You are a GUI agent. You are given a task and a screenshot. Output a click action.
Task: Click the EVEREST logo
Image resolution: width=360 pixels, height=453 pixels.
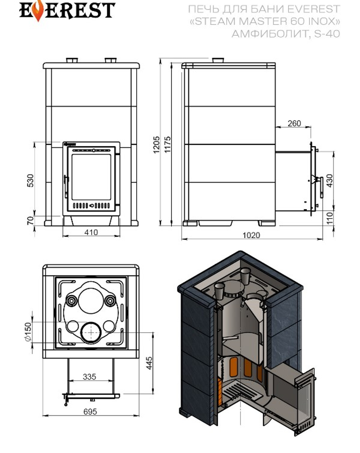(x=67, y=11)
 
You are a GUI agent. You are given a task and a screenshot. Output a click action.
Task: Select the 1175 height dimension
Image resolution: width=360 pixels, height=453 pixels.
(x=167, y=145)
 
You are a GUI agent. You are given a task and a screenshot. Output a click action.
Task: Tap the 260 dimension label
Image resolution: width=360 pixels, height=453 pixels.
(x=294, y=123)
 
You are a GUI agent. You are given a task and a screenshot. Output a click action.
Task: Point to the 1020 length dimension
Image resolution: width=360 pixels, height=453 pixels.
(x=251, y=235)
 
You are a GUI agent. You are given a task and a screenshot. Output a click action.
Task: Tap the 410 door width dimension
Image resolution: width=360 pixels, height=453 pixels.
(x=91, y=232)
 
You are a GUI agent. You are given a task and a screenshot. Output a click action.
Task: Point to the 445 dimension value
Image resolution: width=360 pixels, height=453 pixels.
(x=149, y=364)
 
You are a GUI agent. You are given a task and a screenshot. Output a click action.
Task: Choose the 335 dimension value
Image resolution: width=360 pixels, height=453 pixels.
(x=89, y=377)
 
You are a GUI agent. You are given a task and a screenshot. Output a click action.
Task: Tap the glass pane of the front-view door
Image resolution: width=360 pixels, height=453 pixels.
(x=91, y=177)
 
